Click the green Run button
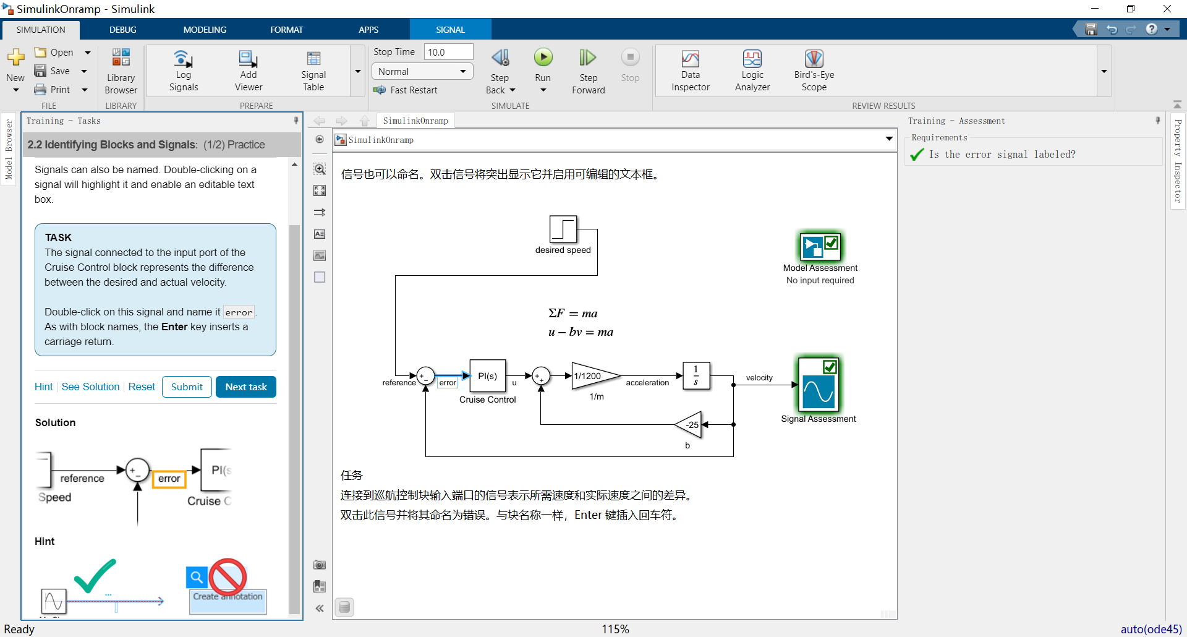point(543,58)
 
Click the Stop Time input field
point(448,52)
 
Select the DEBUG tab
point(122,30)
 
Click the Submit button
point(187,387)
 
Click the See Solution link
point(90,387)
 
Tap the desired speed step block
point(563,229)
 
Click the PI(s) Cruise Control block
point(487,376)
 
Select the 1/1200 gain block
point(593,376)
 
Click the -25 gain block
point(691,425)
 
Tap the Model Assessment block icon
point(820,247)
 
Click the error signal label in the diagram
point(448,383)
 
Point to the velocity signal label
point(759,378)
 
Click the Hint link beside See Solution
point(43,387)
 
